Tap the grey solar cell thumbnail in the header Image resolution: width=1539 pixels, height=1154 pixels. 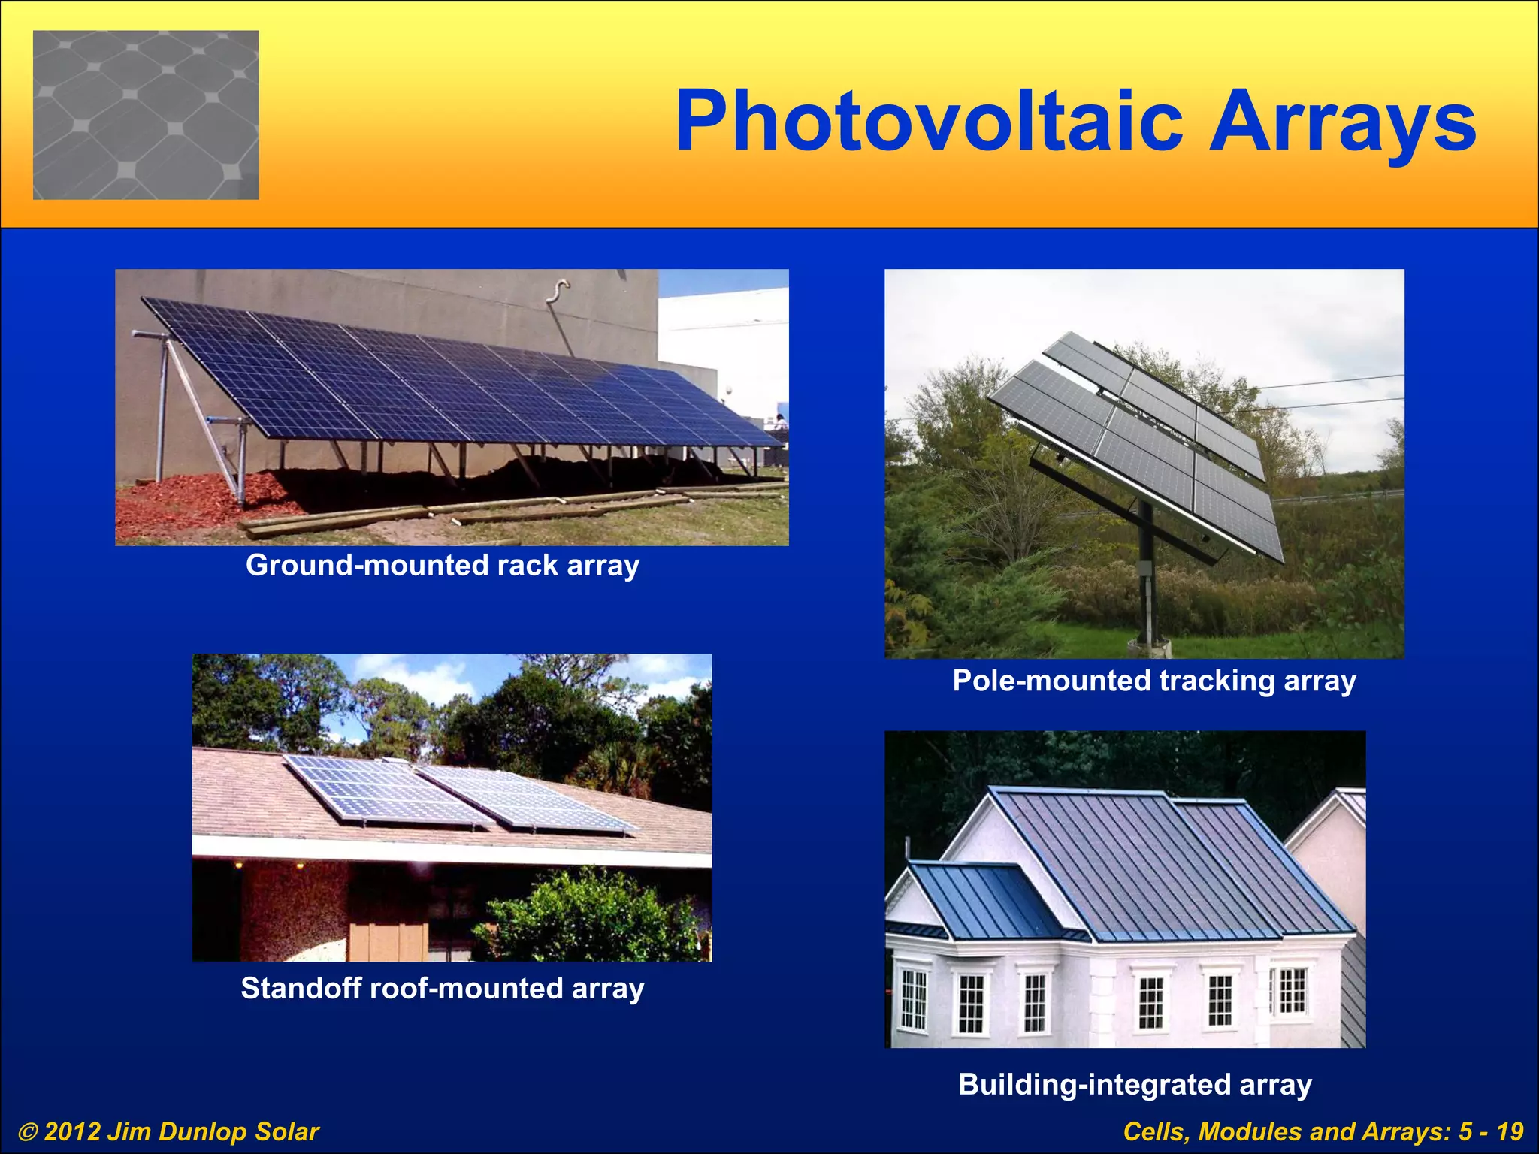click(146, 115)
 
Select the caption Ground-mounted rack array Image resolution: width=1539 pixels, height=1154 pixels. click(443, 565)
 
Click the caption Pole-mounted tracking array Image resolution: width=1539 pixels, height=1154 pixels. click(1154, 681)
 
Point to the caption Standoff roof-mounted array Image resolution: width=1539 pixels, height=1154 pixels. click(443, 989)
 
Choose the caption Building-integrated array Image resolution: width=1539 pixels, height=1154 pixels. click(1135, 1085)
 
